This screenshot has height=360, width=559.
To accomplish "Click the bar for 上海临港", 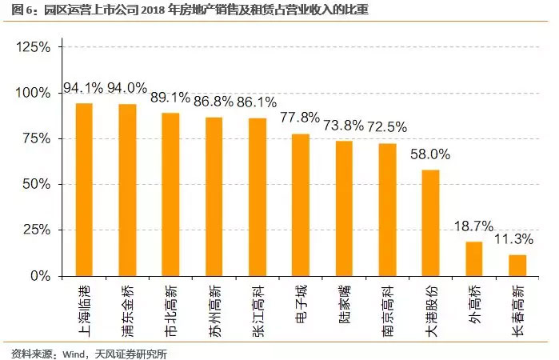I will pos(84,190).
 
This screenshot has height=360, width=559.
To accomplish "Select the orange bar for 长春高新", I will pos(517,266).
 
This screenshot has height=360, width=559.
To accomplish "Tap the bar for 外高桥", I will pos(474,258).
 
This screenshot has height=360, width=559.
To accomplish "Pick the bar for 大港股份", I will pos(430,222).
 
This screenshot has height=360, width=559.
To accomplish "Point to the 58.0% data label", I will pos(430,154).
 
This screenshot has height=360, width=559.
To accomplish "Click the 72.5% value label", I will pos(387,126).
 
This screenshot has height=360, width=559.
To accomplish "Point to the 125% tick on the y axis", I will pos(34,47).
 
